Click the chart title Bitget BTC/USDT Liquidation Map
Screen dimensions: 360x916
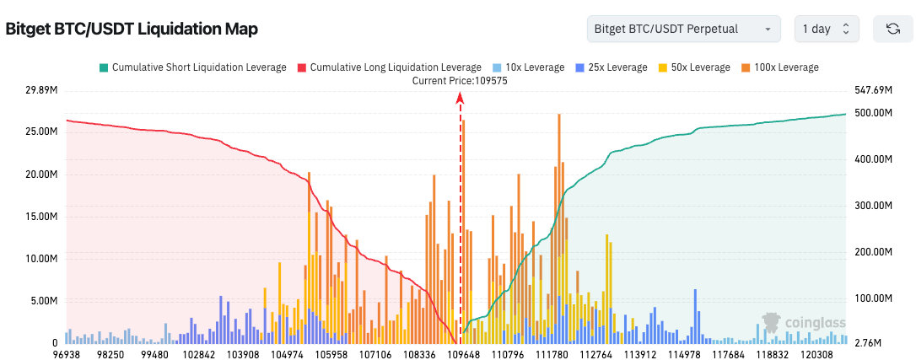pos(132,29)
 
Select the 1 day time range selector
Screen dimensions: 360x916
pos(827,29)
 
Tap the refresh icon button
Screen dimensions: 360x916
pos(892,29)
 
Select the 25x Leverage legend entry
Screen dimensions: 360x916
pos(611,67)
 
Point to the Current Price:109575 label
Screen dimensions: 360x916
pos(460,81)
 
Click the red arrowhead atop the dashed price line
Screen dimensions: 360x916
pos(460,99)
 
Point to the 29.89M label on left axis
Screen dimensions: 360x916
pos(42,90)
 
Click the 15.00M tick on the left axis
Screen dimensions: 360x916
pos(42,217)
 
